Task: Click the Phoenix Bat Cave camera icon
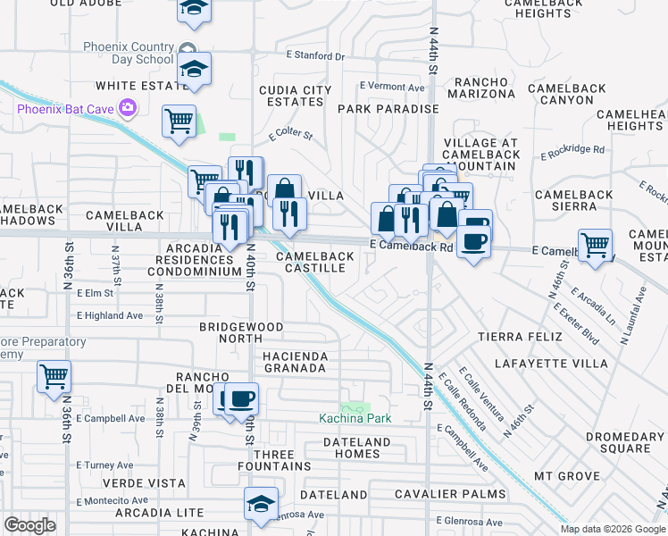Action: point(129,108)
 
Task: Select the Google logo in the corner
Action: point(29,525)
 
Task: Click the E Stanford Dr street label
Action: point(314,55)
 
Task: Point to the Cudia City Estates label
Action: point(295,96)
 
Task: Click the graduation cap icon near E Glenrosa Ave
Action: point(261,503)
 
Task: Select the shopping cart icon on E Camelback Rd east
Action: point(595,244)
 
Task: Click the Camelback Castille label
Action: point(314,263)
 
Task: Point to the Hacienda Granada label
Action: point(295,363)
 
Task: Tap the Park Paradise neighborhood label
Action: point(388,109)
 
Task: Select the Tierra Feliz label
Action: point(519,336)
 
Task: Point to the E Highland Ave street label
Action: point(110,315)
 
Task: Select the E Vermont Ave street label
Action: point(392,87)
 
